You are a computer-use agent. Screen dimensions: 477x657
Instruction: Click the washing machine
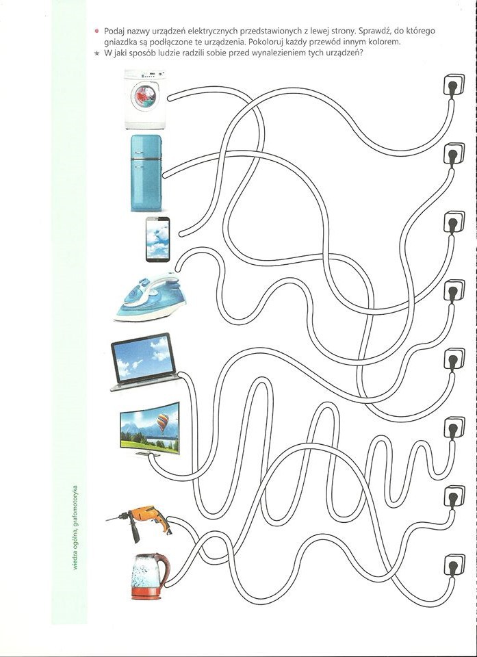click(145, 99)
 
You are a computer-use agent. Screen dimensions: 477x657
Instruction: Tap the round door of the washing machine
click(145, 96)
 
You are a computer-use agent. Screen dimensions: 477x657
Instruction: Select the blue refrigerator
click(146, 172)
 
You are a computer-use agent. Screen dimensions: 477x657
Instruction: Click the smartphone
click(158, 240)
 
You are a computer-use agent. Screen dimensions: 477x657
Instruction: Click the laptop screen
click(143, 358)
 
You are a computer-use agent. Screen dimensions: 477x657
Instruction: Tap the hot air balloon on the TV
click(163, 423)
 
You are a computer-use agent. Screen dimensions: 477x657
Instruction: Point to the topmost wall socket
click(454, 85)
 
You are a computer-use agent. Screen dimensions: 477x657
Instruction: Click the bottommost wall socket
click(454, 565)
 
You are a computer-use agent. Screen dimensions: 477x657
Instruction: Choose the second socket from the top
click(454, 153)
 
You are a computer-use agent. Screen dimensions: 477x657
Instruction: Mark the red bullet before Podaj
click(96, 31)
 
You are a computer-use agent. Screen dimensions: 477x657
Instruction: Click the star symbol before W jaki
click(96, 53)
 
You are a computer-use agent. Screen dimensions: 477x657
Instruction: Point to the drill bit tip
click(107, 520)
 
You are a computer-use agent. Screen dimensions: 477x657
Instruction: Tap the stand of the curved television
click(148, 454)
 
